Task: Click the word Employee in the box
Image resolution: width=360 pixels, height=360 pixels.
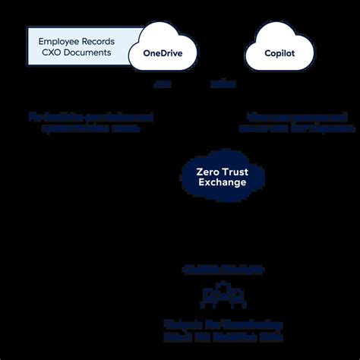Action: [58, 39]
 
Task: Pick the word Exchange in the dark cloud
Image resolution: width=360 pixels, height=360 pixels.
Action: [221, 183]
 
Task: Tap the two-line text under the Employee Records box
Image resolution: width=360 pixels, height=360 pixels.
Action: [90, 123]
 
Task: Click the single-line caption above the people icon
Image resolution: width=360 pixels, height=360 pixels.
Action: [222, 270]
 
